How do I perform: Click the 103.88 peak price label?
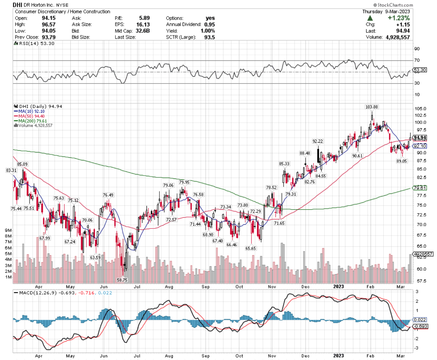pyautogui.click(x=372, y=107)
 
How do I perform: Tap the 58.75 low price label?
pyautogui.click(x=122, y=280)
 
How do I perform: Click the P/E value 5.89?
pyautogui.click(x=144, y=18)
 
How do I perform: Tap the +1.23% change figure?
pyautogui.click(x=399, y=18)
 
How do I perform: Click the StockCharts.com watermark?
pyautogui.click(x=393, y=5)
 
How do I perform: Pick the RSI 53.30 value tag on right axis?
pyautogui.click(x=419, y=70)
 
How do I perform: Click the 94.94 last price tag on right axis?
pyautogui.click(x=419, y=137)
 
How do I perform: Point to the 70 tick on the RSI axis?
pyautogui.click(x=417, y=60)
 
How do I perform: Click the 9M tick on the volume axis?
pyautogui.click(x=9, y=231)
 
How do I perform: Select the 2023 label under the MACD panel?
pyautogui.click(x=338, y=356)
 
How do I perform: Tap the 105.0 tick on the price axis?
pyautogui.click(x=420, y=109)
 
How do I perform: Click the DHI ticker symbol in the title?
pyautogui.click(x=17, y=5)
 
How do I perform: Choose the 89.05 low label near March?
pyautogui.click(x=402, y=161)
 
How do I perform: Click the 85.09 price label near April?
pyautogui.click(x=22, y=164)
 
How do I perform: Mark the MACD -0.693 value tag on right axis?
pyautogui.click(x=420, y=326)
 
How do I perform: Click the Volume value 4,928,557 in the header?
pyautogui.click(x=398, y=37)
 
